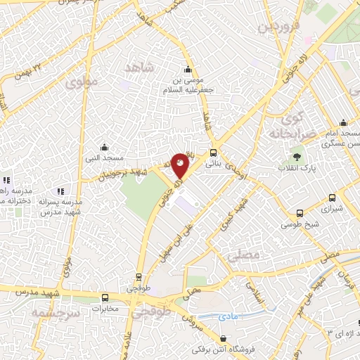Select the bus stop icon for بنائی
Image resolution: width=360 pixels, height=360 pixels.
(x=213, y=152)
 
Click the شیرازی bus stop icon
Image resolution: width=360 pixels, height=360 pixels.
(x=300, y=213)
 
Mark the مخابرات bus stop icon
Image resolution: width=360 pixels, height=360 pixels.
(x=105, y=297)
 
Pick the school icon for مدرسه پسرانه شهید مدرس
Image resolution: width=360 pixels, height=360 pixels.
(x=60, y=191)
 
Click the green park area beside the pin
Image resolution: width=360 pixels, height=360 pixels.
(x=141, y=193)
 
